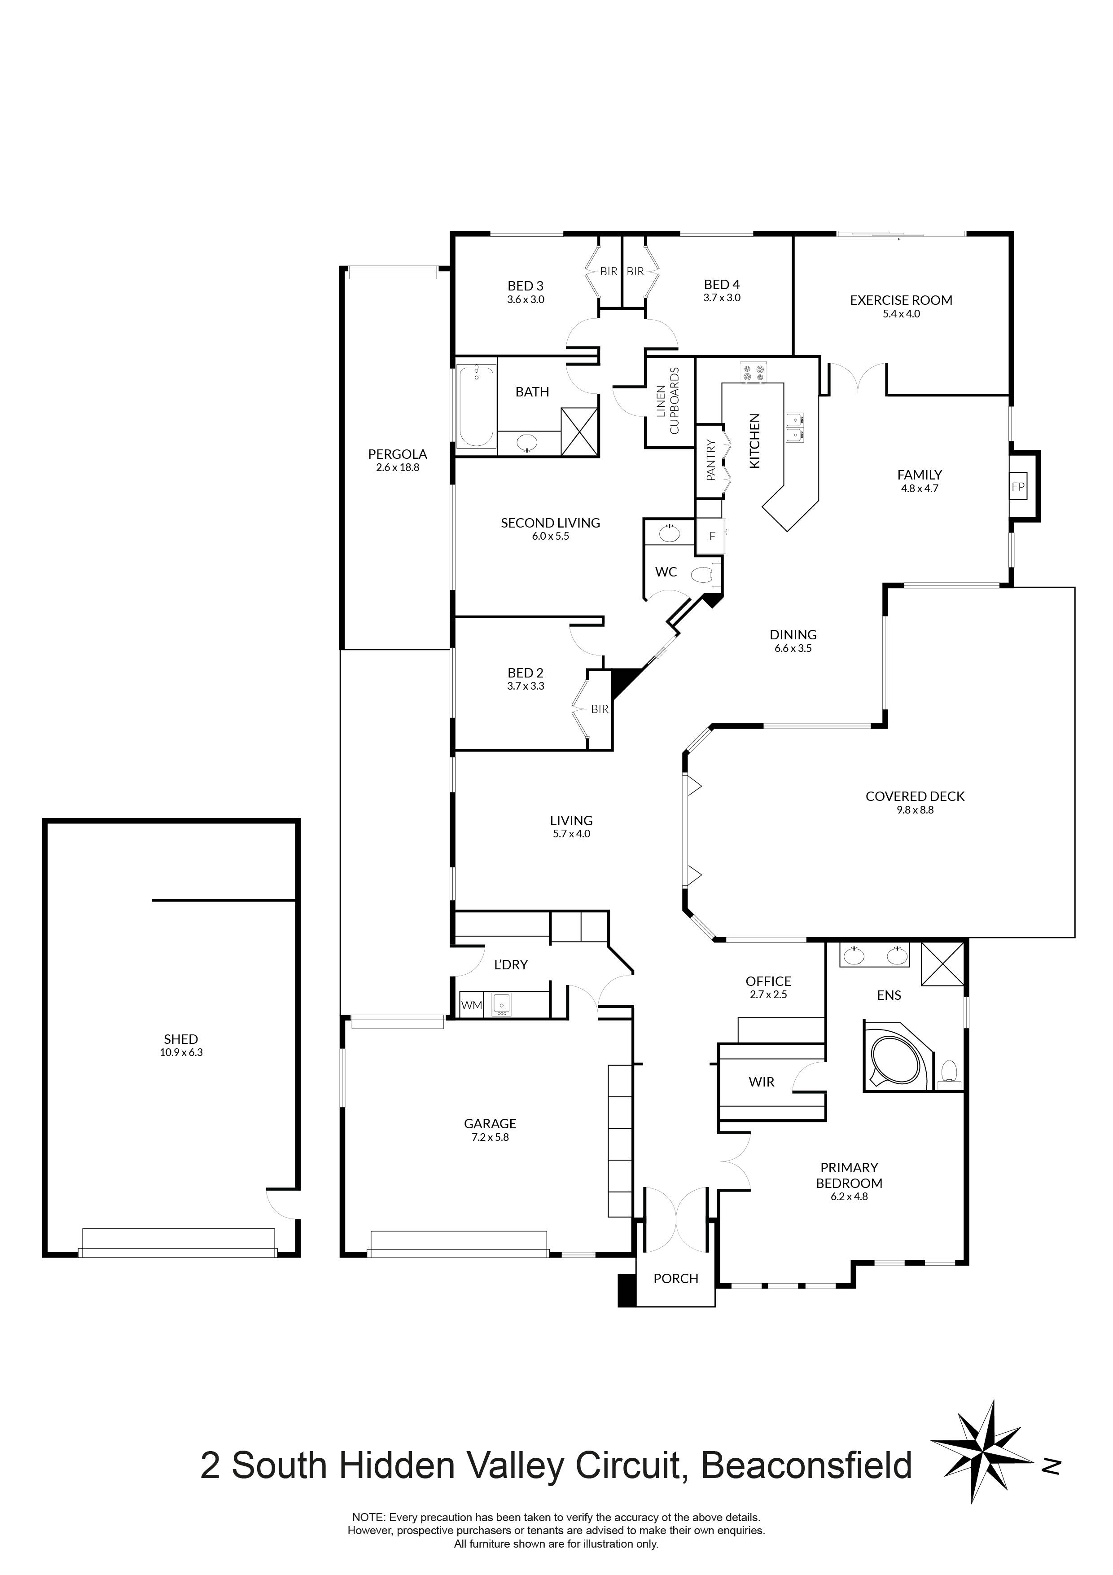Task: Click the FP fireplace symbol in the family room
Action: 1018,487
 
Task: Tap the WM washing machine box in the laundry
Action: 471,1006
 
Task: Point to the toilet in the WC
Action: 705,574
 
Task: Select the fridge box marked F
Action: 711,537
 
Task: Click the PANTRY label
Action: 710,460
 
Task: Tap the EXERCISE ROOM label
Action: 900,300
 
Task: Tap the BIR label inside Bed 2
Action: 600,709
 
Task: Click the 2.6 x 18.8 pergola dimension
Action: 397,468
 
